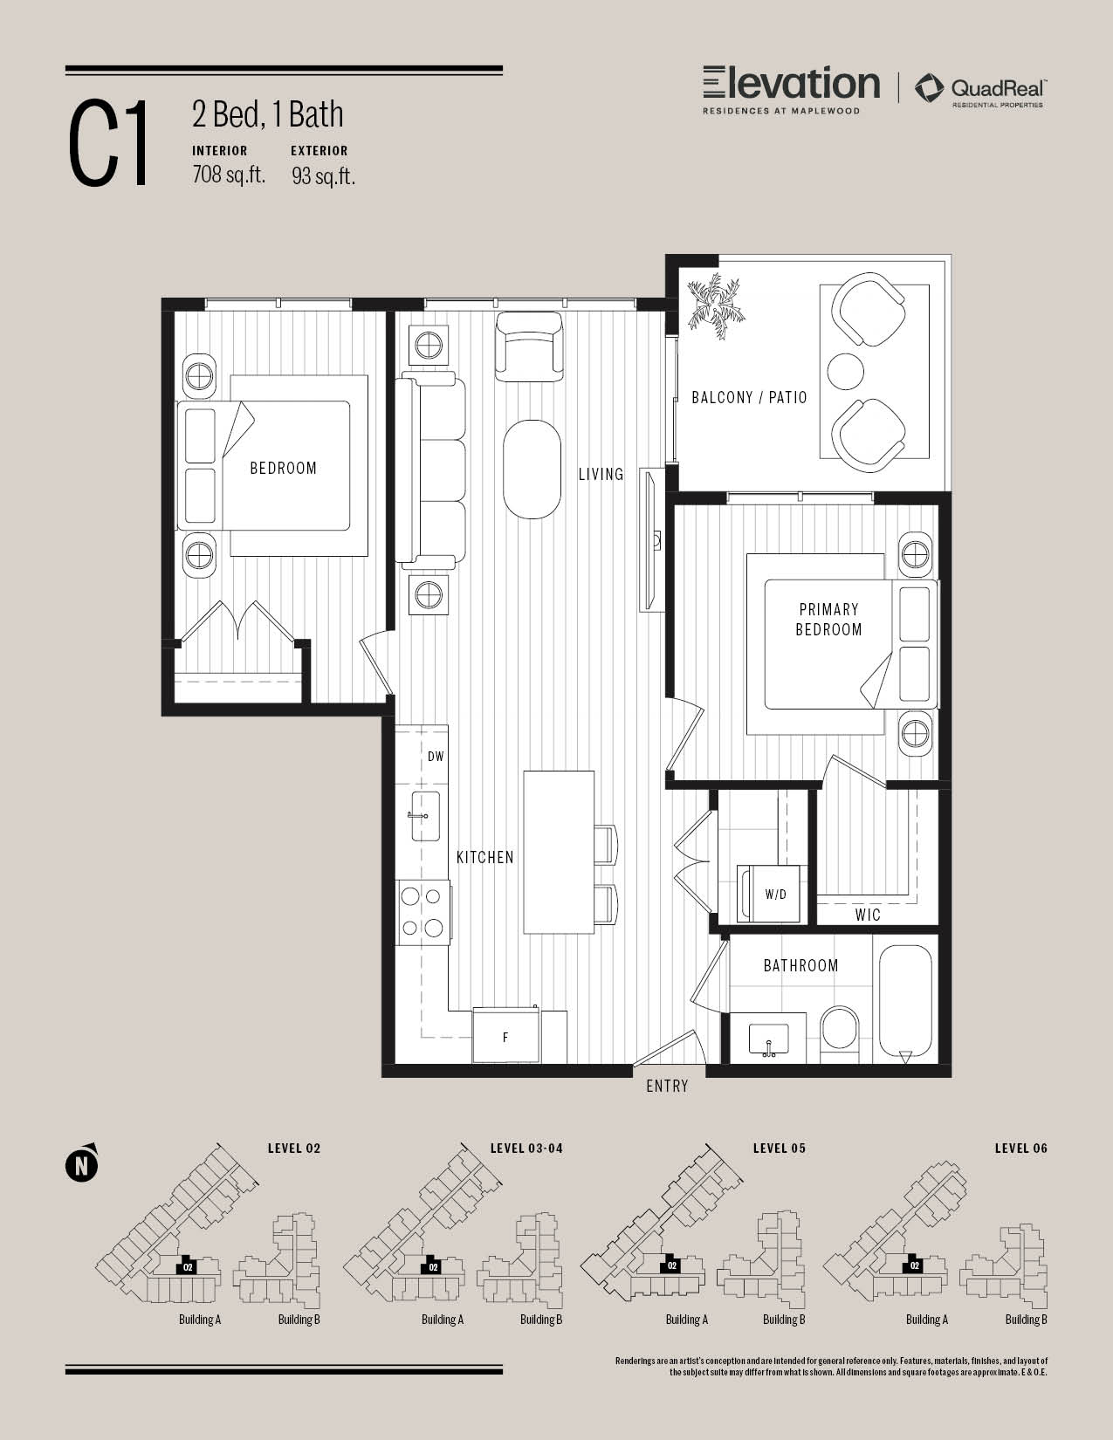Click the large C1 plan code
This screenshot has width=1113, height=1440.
click(108, 142)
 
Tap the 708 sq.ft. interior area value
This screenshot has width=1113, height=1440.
click(229, 175)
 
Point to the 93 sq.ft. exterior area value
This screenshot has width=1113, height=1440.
click(324, 175)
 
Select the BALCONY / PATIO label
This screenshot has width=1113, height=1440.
click(749, 398)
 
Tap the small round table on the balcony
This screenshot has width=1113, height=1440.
click(845, 371)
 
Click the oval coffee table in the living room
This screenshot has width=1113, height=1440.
click(532, 470)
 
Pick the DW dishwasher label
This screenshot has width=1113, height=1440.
click(436, 757)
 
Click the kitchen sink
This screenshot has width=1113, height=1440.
click(426, 816)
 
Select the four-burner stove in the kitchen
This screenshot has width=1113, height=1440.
click(423, 913)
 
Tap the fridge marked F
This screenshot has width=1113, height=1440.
click(505, 1036)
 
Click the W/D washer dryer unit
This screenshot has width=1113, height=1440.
click(770, 894)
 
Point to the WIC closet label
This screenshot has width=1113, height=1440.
click(868, 915)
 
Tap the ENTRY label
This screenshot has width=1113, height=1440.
click(667, 1087)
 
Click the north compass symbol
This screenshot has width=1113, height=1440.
click(81, 1164)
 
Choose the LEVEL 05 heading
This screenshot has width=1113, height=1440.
click(780, 1149)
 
